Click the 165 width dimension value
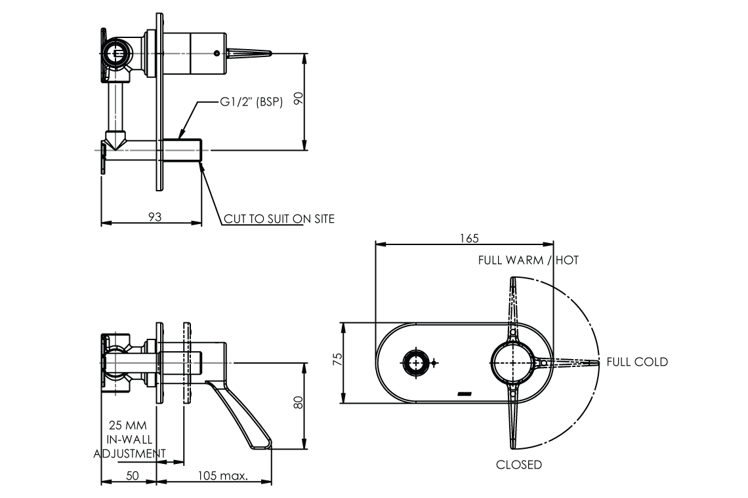(x=470, y=238)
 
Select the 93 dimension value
(x=155, y=216)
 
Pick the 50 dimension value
(x=132, y=476)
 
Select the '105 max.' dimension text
(x=223, y=476)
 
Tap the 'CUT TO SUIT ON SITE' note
(x=279, y=219)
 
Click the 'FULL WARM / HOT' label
(x=528, y=260)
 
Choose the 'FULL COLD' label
(x=637, y=362)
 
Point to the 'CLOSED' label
(x=519, y=465)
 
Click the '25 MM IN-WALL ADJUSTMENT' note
(x=129, y=439)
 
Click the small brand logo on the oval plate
(x=465, y=393)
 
